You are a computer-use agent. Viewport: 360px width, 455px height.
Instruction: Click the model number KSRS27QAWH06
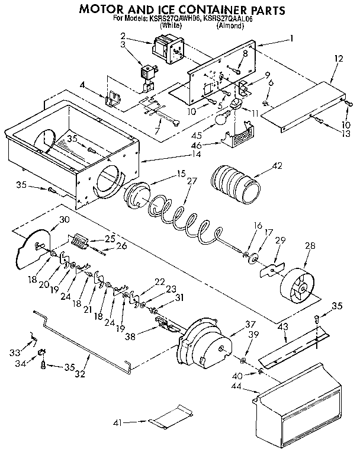point(172,20)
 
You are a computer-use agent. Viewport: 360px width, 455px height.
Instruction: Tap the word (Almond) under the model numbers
point(230,27)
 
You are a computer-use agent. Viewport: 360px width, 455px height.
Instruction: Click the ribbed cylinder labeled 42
point(236,184)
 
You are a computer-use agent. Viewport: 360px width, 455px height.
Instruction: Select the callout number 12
point(338,59)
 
